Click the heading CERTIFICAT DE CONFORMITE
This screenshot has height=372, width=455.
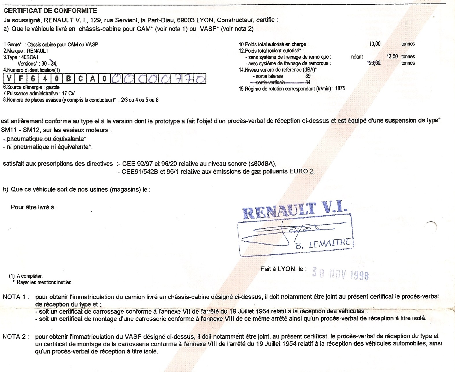(50, 11)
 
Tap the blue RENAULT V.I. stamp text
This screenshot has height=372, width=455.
(295, 210)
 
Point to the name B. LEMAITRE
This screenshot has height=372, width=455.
(323, 244)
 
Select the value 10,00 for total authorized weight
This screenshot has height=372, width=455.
(375, 44)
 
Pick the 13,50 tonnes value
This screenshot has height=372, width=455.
(392, 57)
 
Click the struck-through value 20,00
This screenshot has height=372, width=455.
(375, 63)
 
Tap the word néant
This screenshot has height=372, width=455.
(357, 57)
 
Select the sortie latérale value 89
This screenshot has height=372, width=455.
(308, 76)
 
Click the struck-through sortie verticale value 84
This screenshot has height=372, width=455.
(308, 82)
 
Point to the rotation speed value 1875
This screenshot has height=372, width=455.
(340, 89)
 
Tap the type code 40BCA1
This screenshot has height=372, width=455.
(30, 57)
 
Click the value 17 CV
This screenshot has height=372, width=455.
(68, 93)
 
